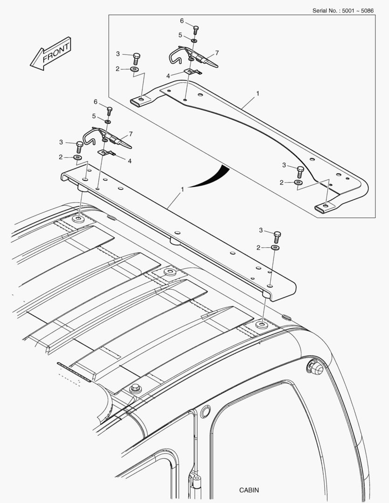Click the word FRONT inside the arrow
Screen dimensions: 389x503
(x=56, y=53)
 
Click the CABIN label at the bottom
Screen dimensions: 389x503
(x=249, y=490)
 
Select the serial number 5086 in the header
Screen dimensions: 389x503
(x=367, y=11)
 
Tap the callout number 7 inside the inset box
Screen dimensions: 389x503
(x=217, y=53)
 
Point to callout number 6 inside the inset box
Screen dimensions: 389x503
(x=182, y=21)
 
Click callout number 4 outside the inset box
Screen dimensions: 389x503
(x=130, y=161)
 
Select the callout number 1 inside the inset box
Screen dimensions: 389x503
(x=258, y=93)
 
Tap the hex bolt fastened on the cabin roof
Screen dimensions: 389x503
(x=136, y=388)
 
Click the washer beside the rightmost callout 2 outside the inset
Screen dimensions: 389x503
(x=275, y=248)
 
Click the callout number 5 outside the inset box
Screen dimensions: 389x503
(x=94, y=116)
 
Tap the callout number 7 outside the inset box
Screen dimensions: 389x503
(x=130, y=134)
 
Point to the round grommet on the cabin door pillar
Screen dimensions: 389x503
(x=205, y=411)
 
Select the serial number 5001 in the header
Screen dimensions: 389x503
(x=348, y=11)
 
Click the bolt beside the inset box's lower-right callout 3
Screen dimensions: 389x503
(x=300, y=172)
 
